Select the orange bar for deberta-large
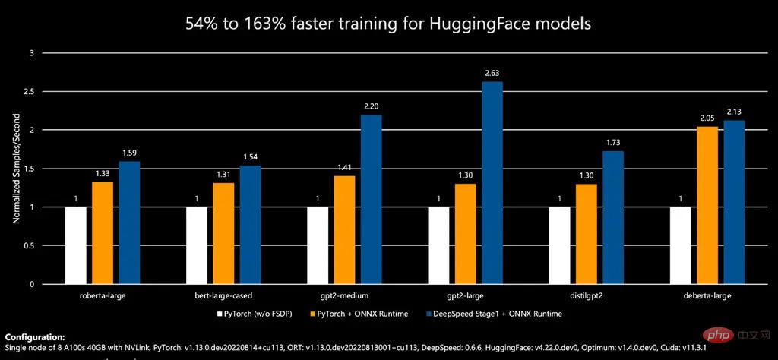[x=708, y=205]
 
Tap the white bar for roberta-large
[x=76, y=245]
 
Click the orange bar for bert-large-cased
[x=223, y=233]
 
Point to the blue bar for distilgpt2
[x=613, y=217]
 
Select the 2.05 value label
[x=708, y=118]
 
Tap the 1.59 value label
[x=129, y=153]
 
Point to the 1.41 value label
[x=344, y=167]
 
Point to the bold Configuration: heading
[x=35, y=336]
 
